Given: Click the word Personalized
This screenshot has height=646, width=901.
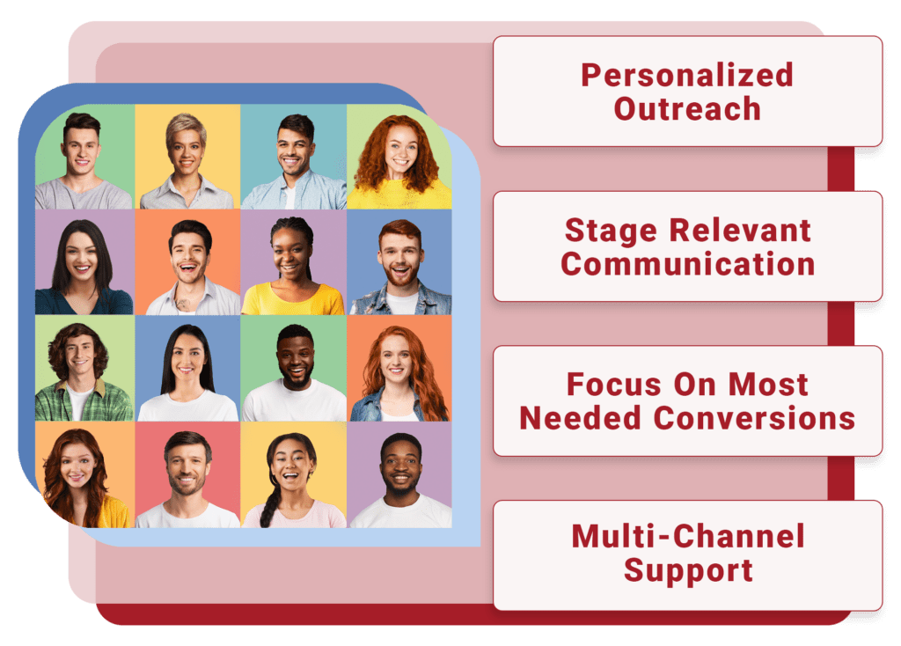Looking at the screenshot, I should (687, 75).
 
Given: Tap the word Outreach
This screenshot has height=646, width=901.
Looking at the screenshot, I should (687, 109).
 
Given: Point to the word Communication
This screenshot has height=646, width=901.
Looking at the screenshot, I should (687, 264).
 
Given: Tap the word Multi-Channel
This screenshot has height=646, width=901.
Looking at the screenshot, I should (687, 536).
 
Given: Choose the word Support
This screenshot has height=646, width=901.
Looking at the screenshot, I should (687, 570).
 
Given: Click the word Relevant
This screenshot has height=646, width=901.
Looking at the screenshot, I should (741, 230).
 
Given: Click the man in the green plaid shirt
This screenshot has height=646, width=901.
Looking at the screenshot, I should (81, 370).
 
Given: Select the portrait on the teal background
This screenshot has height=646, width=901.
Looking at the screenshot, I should (293, 158).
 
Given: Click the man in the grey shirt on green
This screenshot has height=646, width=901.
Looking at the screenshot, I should (82, 158).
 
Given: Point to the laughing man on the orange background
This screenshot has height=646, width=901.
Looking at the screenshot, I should (188, 264).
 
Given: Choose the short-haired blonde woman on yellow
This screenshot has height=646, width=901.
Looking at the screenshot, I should (187, 158).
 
